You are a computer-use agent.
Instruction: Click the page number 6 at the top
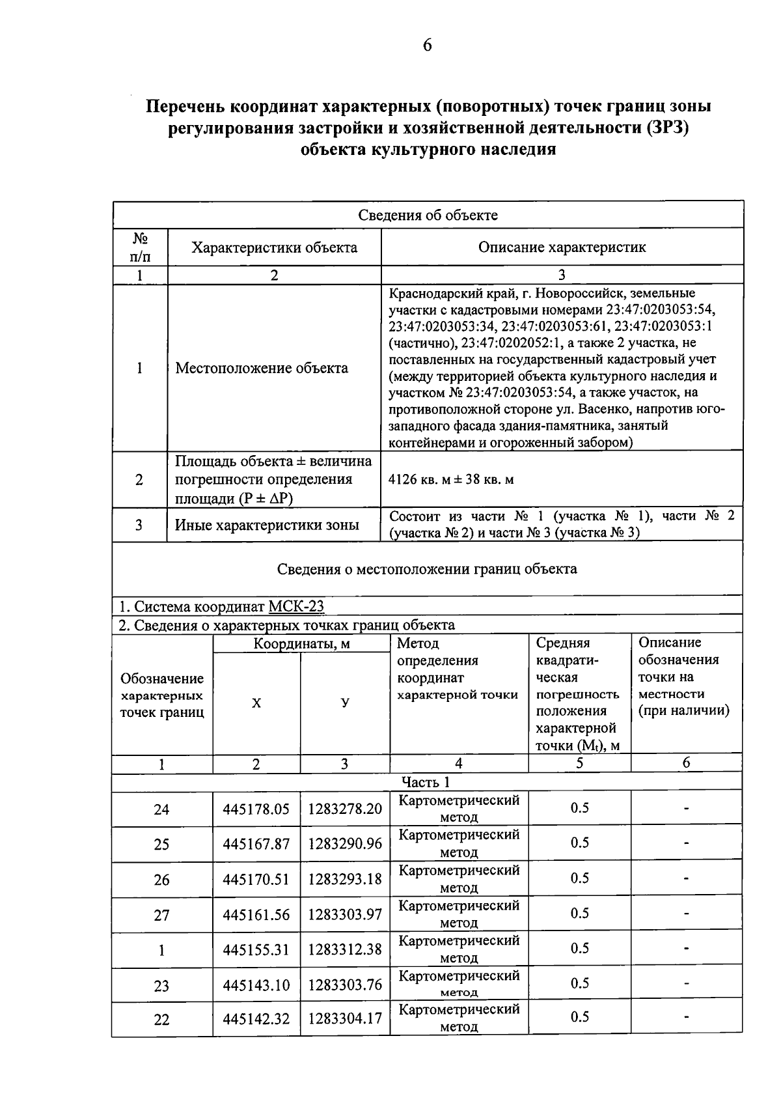427,45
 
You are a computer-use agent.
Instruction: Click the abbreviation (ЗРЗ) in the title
666,128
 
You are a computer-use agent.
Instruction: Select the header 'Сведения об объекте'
428,215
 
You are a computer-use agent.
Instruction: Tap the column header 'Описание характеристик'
562,247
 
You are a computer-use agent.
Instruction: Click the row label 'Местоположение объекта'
262,368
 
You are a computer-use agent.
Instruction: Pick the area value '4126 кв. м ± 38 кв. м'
451,480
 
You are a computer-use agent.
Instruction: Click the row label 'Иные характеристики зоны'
267,525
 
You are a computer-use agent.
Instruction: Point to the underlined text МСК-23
296,607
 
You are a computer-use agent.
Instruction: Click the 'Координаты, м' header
301,644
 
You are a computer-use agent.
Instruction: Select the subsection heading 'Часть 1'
426,782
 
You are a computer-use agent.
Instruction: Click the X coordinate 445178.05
256,809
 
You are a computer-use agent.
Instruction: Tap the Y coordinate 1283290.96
345,845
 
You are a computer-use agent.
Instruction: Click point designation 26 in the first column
161,880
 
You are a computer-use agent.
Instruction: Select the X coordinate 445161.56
256,915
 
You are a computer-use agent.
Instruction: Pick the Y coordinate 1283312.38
345,950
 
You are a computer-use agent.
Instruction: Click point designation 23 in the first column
161,985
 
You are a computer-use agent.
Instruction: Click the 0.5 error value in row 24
579,808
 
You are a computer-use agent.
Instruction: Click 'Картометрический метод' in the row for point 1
459,949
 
